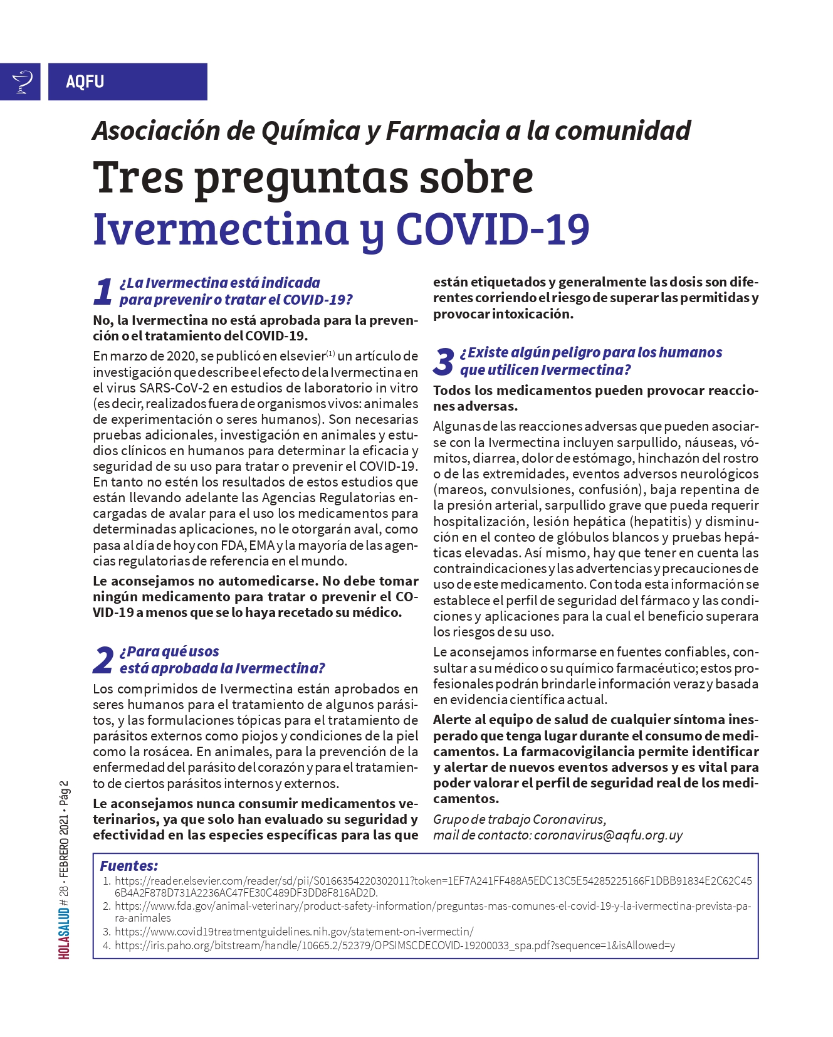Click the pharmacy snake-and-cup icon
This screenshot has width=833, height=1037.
[x=23, y=82]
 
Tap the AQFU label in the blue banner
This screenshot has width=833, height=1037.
[x=85, y=82]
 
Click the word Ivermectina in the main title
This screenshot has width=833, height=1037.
[x=221, y=229]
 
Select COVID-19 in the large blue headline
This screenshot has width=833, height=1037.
[x=493, y=229]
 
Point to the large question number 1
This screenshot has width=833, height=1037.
[x=103, y=292]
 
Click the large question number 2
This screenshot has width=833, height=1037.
[x=103, y=660]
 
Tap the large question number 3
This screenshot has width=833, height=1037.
[x=443, y=362]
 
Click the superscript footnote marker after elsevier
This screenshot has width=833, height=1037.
[x=330, y=352]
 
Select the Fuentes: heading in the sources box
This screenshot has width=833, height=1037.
[x=128, y=866]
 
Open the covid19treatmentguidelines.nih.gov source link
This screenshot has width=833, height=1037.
[x=294, y=932]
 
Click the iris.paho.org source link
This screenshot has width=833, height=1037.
[x=395, y=945]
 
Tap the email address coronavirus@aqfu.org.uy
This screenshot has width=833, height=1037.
[x=608, y=835]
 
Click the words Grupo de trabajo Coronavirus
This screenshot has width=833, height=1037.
[x=519, y=819]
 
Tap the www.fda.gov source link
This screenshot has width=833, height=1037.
[x=432, y=906]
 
